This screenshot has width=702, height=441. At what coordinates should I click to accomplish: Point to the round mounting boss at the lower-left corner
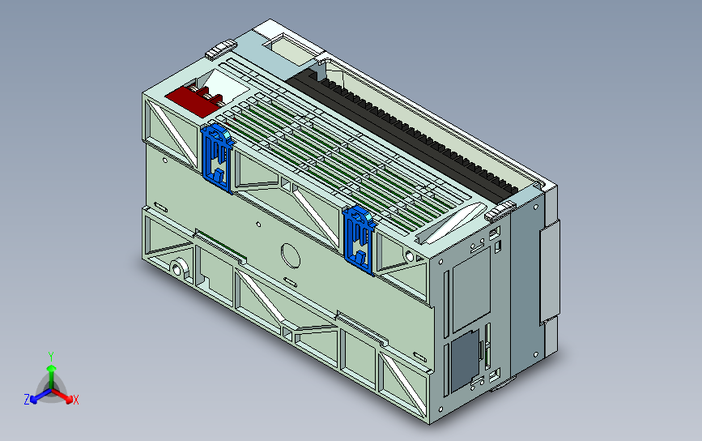(177, 268)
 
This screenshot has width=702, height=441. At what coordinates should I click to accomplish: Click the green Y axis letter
(51, 356)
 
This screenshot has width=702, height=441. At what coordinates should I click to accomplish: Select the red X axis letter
(75, 400)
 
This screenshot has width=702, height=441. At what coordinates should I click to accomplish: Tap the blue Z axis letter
(27, 400)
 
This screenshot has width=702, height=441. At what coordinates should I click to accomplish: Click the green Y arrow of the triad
(51, 373)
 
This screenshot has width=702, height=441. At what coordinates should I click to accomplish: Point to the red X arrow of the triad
(65, 396)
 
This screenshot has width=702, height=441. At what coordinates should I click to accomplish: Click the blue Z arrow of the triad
(37, 396)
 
